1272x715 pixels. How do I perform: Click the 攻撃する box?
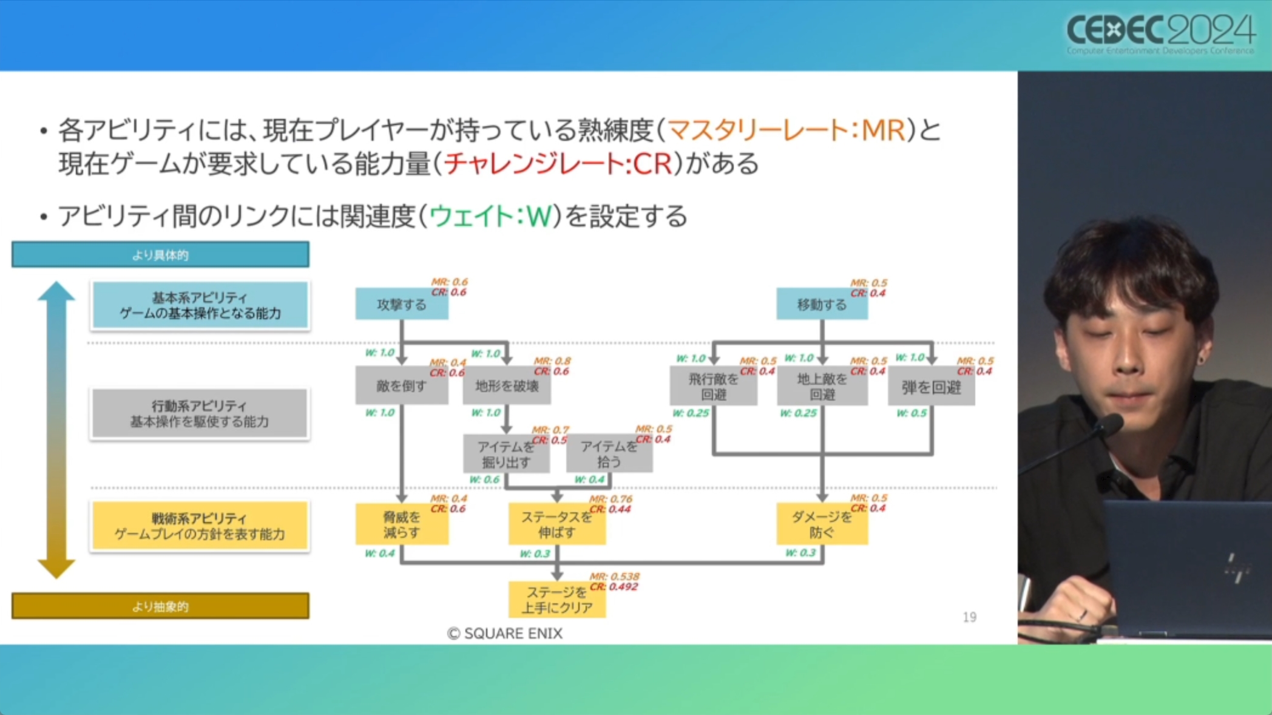[x=401, y=304]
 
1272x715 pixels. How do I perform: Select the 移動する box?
[x=822, y=304]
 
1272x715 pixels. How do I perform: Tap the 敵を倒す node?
[x=401, y=385]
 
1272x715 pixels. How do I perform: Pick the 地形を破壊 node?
[x=507, y=385]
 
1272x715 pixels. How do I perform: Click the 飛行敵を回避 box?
[x=713, y=386]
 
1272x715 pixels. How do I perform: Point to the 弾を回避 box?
[x=931, y=387]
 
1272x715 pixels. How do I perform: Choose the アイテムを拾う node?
[x=609, y=454]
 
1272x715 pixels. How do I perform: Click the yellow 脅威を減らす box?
[x=401, y=524]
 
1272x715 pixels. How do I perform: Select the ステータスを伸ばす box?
[x=556, y=524]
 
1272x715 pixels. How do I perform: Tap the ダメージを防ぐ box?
[x=822, y=524]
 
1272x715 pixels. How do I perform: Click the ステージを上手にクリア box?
[x=556, y=600]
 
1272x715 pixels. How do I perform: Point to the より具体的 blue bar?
[x=160, y=255]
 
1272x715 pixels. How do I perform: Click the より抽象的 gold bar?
[x=160, y=606]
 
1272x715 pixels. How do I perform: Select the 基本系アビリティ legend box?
[x=200, y=305]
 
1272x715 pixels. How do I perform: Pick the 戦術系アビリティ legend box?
[x=200, y=526]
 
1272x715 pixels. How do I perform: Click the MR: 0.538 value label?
[x=614, y=576]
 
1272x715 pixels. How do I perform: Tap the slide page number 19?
[x=969, y=617]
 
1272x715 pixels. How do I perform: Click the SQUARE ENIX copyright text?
[x=505, y=634]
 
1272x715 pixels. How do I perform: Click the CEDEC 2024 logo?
[x=1160, y=33]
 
